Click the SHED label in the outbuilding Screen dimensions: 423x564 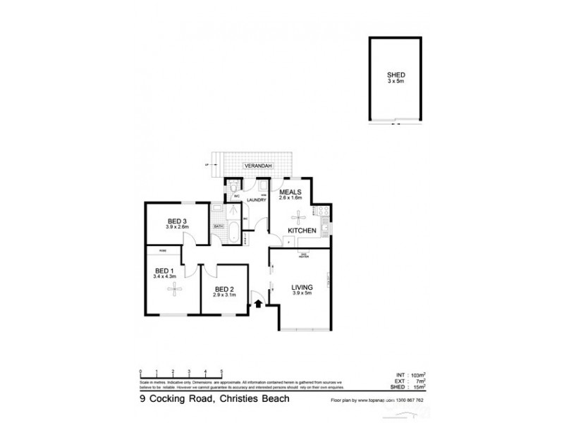[x=396, y=73]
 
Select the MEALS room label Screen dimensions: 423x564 [x=290, y=191]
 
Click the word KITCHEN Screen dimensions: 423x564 [x=302, y=231]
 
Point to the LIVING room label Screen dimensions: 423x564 [x=305, y=287]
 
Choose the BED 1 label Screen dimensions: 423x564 [x=164, y=269]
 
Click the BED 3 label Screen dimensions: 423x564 [x=177, y=219]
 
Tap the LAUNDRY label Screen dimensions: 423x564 [x=256, y=200]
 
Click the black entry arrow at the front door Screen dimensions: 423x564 [x=258, y=303]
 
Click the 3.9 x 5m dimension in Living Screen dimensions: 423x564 [x=305, y=294]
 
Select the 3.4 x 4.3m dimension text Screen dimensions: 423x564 [x=164, y=276]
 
